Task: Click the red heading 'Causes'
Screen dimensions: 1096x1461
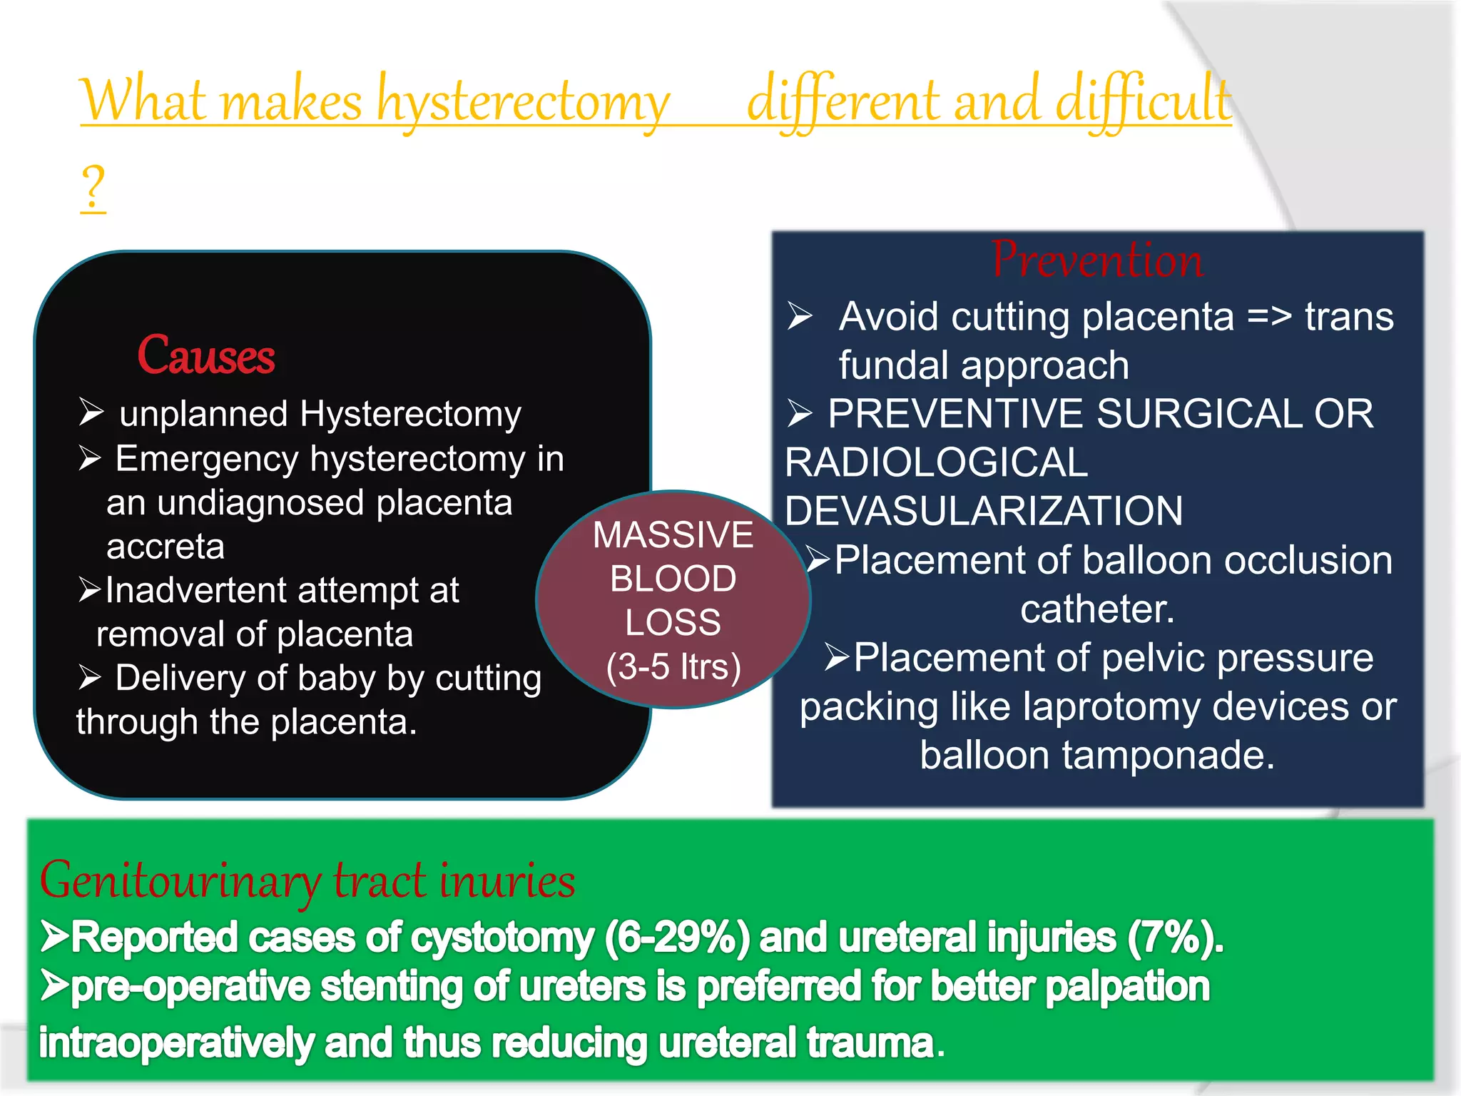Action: [x=205, y=355]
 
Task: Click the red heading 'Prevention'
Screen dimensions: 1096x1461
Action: [x=1096, y=260]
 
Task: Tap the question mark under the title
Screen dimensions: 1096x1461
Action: [x=93, y=187]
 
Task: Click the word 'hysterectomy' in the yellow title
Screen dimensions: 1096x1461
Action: [x=523, y=102]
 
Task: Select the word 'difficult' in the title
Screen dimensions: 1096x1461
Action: [x=1143, y=101]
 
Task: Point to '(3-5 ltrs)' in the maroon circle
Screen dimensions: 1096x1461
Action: [x=673, y=666]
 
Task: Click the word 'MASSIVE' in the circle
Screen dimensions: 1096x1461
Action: [x=673, y=535]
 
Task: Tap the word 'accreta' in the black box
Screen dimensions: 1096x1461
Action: [x=166, y=547]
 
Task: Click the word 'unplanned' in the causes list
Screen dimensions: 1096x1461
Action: [x=204, y=415]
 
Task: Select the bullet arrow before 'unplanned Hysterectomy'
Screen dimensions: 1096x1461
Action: [x=91, y=412]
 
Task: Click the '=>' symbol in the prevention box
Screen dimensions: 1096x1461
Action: [x=1269, y=317]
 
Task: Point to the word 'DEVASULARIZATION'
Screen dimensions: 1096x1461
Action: [x=984, y=511]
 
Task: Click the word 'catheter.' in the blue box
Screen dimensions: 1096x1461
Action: [x=1096, y=609]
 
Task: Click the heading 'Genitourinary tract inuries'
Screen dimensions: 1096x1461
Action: [x=307, y=881]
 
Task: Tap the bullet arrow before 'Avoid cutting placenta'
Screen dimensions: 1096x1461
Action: [x=800, y=316]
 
